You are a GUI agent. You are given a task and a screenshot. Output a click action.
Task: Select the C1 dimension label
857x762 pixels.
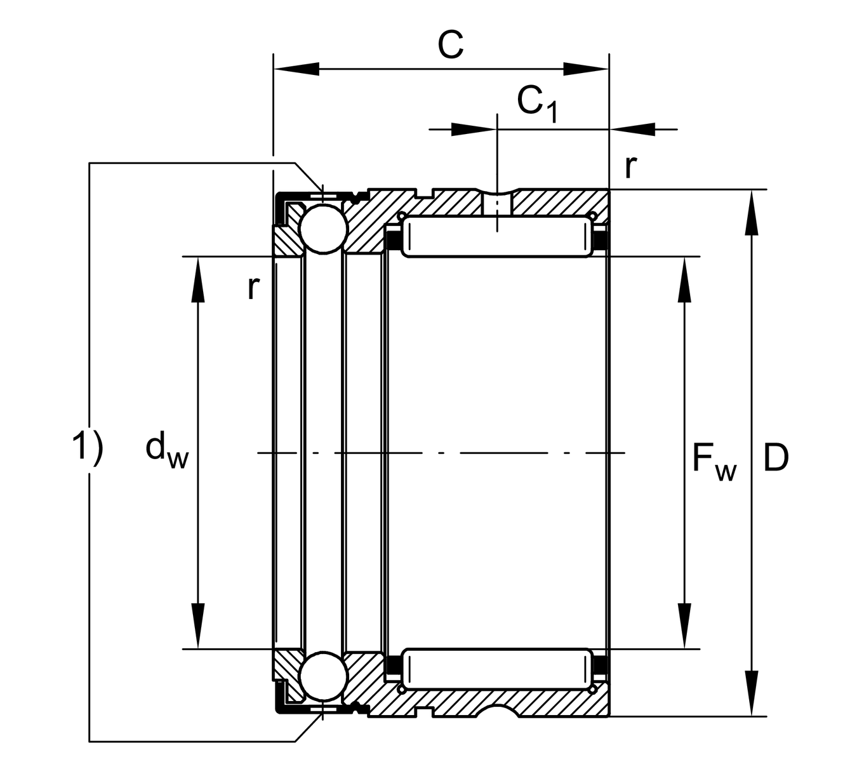(x=536, y=104)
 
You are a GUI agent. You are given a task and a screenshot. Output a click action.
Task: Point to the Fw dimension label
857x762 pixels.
(x=714, y=461)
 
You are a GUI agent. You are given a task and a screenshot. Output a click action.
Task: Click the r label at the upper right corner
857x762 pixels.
(x=630, y=167)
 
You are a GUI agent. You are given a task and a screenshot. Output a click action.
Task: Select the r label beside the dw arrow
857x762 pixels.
(x=253, y=288)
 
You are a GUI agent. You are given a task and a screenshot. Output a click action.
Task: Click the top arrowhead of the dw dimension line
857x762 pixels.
(x=199, y=279)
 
